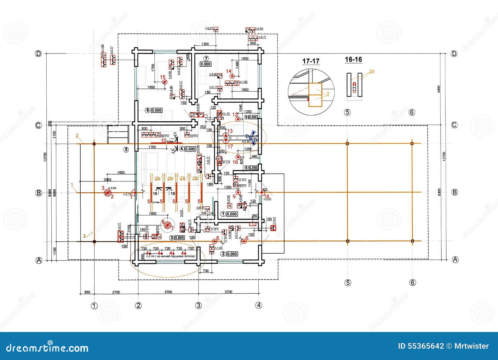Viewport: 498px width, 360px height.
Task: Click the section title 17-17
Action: coord(311,61)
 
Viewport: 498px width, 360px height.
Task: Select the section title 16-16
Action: coord(353,59)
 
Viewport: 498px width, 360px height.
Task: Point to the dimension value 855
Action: coord(87,292)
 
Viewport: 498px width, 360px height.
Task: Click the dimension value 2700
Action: coord(116,292)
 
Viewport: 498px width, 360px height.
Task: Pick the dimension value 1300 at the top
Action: coord(205,44)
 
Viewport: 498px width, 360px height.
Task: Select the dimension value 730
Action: coord(206,271)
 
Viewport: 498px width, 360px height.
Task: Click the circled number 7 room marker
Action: coord(206,58)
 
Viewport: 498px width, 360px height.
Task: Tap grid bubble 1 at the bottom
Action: coord(94,306)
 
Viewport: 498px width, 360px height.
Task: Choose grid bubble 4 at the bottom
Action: coord(259,305)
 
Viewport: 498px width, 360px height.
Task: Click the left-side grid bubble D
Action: coord(38,54)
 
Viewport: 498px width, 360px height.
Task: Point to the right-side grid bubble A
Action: coord(455,259)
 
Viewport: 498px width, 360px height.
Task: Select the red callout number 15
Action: coord(162,77)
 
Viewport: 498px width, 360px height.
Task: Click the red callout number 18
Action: coord(267,196)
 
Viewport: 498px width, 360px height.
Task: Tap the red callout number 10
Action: coord(164,140)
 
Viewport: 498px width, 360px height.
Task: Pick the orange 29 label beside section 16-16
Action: coord(371,72)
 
